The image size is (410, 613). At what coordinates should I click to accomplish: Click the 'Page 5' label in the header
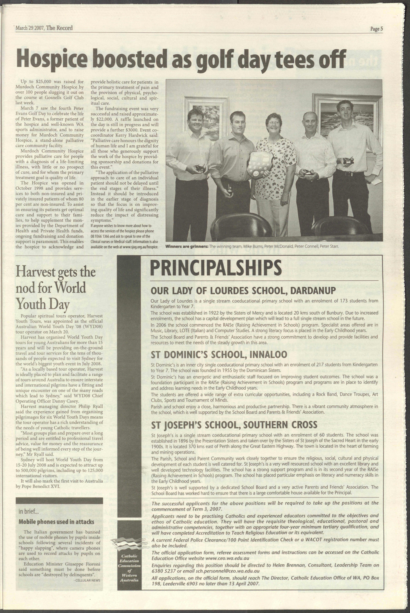pos(377,29)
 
